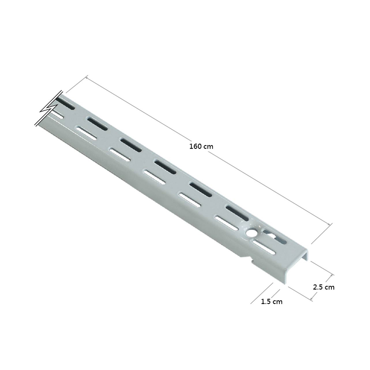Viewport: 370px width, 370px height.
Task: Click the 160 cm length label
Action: pyautogui.click(x=201, y=147)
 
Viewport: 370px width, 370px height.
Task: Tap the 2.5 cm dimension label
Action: pyautogui.click(x=323, y=287)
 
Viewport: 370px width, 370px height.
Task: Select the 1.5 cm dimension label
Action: pyautogui.click(x=272, y=302)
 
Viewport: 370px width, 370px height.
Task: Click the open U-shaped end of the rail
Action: pyautogui.click(x=296, y=267)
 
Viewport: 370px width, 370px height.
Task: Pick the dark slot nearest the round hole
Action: pyautogui.click(x=238, y=213)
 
